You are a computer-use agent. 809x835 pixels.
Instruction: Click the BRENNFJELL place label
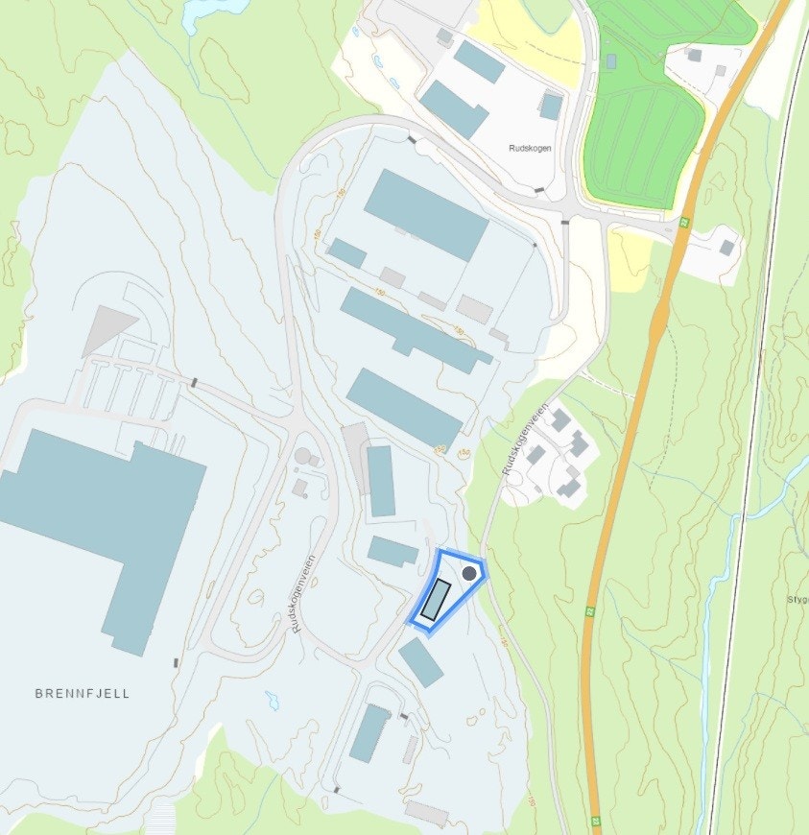click(82, 693)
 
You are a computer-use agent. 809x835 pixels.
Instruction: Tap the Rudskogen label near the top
click(532, 148)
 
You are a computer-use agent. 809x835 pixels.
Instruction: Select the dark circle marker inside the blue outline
click(468, 573)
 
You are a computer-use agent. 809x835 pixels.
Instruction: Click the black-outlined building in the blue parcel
click(436, 599)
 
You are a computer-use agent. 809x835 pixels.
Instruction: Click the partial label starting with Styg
click(797, 599)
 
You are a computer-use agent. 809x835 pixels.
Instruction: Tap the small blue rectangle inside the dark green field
click(611, 61)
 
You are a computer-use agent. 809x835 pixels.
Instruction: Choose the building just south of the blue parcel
click(420, 663)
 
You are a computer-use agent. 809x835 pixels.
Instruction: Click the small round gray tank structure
click(304, 455)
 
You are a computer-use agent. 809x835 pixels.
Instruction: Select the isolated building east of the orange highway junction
click(727, 248)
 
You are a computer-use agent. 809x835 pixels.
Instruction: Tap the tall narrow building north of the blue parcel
click(381, 481)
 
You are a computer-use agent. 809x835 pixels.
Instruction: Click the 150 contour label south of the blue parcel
click(532, 799)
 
